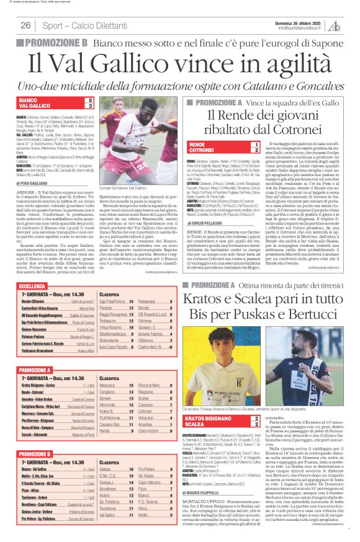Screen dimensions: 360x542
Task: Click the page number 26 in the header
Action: (x=26, y=25)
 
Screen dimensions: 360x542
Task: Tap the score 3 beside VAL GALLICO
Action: (x=90, y=106)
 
